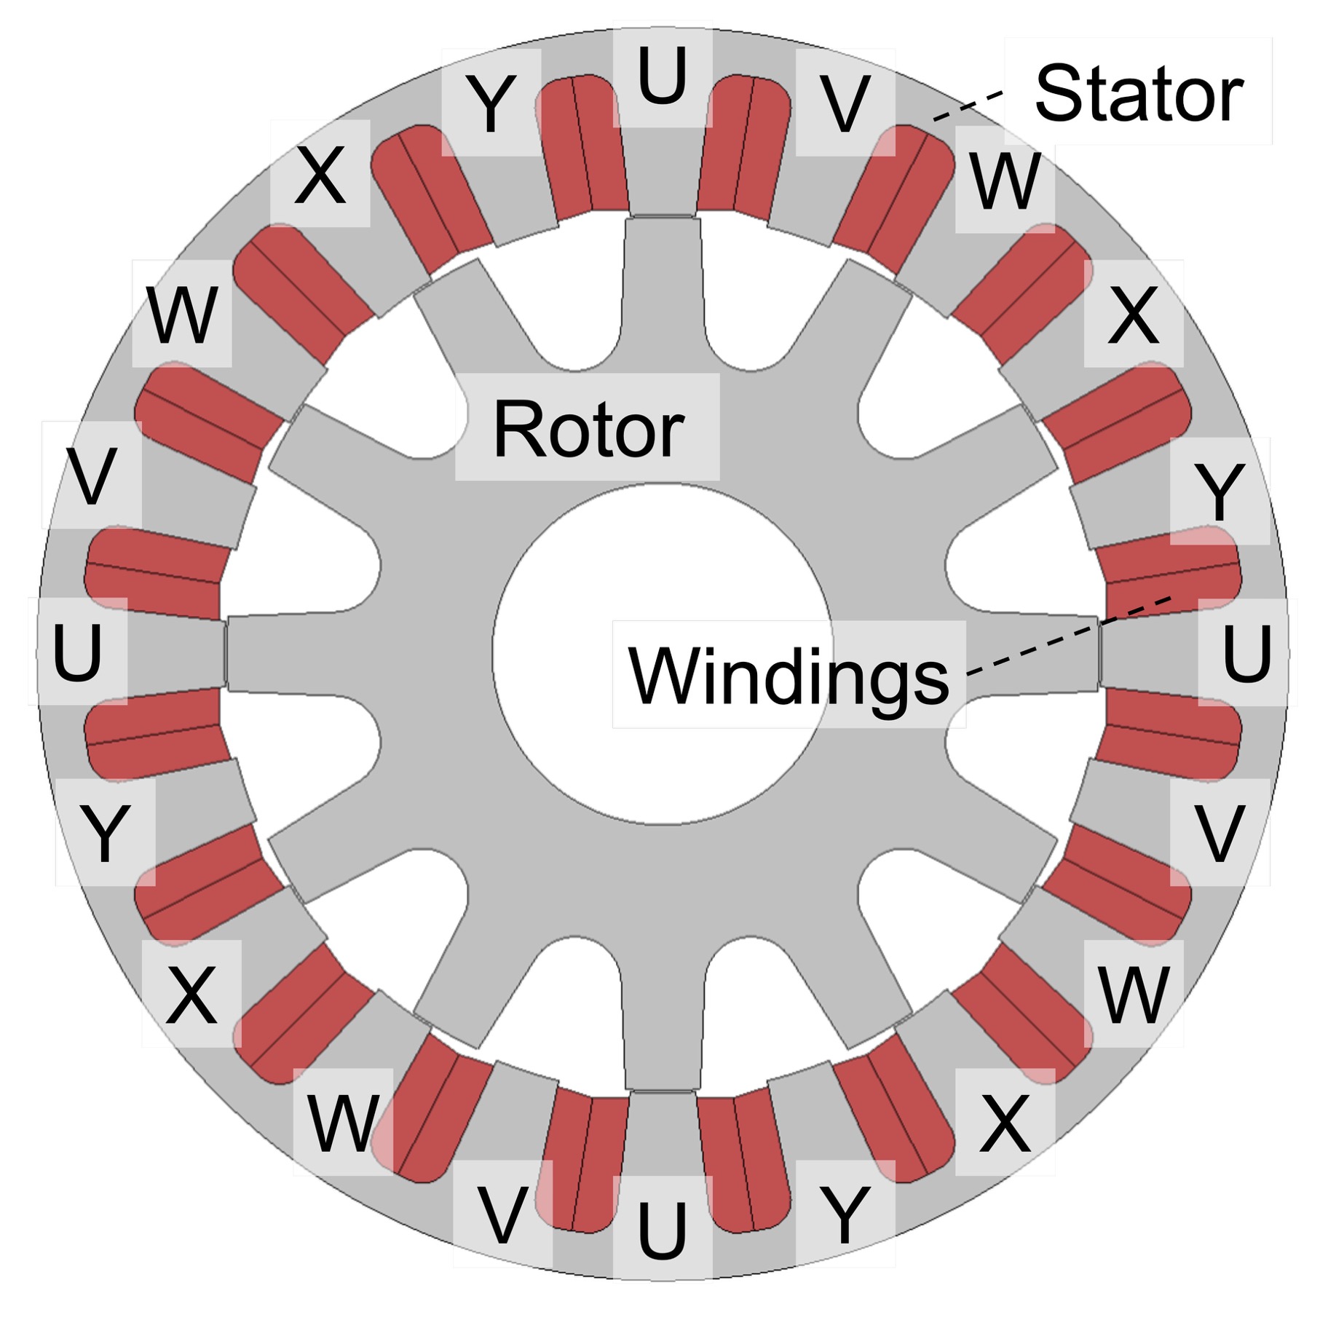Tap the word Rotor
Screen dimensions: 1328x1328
click(588, 430)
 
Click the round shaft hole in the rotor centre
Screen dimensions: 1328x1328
click(662, 654)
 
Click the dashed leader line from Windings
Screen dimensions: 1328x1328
click(1068, 635)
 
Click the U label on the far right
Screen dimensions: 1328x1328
click(1247, 653)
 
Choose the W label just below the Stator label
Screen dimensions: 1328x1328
click(1005, 180)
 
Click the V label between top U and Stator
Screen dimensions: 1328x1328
click(845, 103)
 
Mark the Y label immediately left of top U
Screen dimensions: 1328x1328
click(491, 103)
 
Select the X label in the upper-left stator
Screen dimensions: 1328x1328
click(320, 175)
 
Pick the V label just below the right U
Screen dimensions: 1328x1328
click(1220, 833)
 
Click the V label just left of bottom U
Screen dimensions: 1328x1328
click(502, 1214)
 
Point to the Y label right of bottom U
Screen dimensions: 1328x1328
click(845, 1214)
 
